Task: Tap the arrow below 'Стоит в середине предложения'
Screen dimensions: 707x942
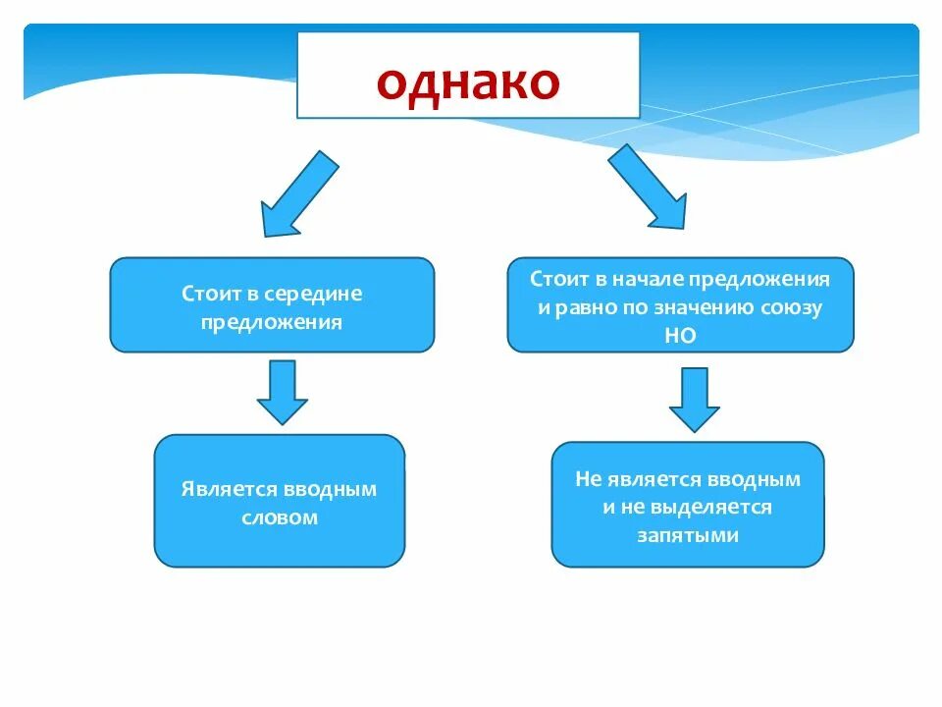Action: coord(283,391)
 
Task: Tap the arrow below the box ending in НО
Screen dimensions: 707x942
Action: coord(695,398)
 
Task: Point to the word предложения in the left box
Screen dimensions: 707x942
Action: coord(272,322)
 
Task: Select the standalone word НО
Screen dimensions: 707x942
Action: coord(679,335)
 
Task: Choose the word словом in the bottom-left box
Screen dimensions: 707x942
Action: coord(280,517)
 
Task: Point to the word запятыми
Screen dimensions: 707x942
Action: coord(687,536)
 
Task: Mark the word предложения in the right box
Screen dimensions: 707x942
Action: coord(771,279)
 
